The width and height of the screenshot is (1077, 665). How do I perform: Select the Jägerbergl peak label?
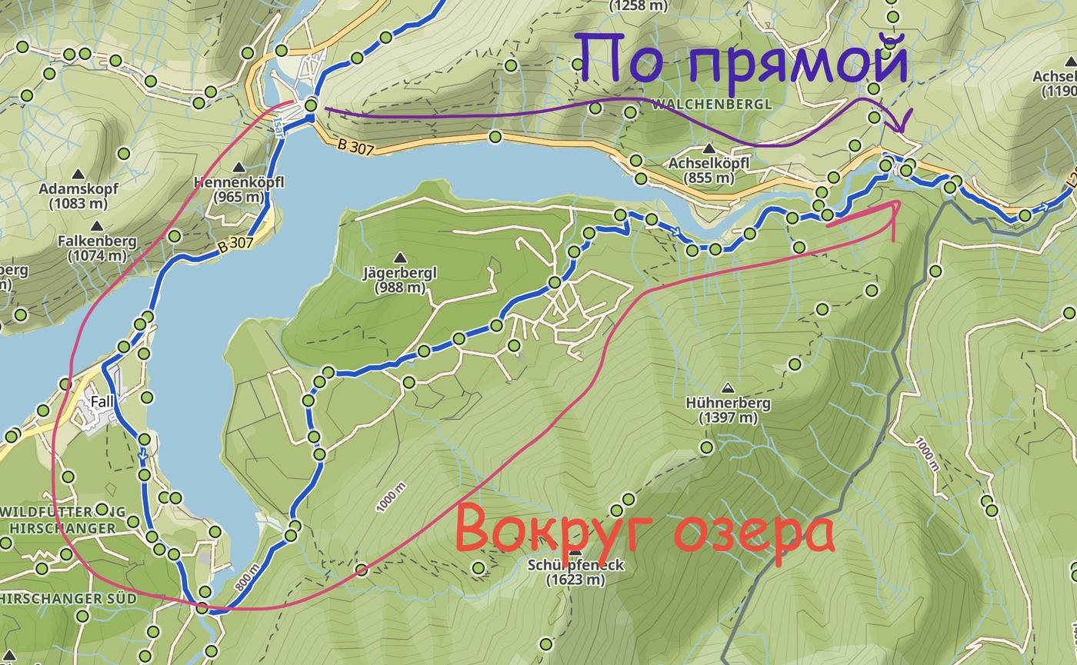pos(399,280)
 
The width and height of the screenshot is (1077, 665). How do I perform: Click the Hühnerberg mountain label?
pos(728,410)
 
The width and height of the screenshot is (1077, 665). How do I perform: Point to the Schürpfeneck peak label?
pos(575,571)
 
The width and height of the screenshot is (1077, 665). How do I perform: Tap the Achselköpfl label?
pos(709,170)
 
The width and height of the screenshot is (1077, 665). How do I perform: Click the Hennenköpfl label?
pos(239,188)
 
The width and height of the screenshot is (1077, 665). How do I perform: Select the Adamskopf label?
pos(78,196)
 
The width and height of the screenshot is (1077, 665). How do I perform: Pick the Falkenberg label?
pos(97,248)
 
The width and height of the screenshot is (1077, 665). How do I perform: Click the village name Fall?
pos(102,401)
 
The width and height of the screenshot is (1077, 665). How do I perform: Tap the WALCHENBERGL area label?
pos(711,104)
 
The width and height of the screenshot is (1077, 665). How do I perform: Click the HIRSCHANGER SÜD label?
pos(68,598)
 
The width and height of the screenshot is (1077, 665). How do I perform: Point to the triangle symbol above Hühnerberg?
pos(728,387)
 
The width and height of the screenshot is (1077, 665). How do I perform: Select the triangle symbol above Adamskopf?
pos(78,175)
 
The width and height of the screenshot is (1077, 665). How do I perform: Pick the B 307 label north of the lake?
pos(355,146)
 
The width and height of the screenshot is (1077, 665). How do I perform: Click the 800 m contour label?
pos(244,583)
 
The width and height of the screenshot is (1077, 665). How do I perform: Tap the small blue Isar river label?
pos(278,127)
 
